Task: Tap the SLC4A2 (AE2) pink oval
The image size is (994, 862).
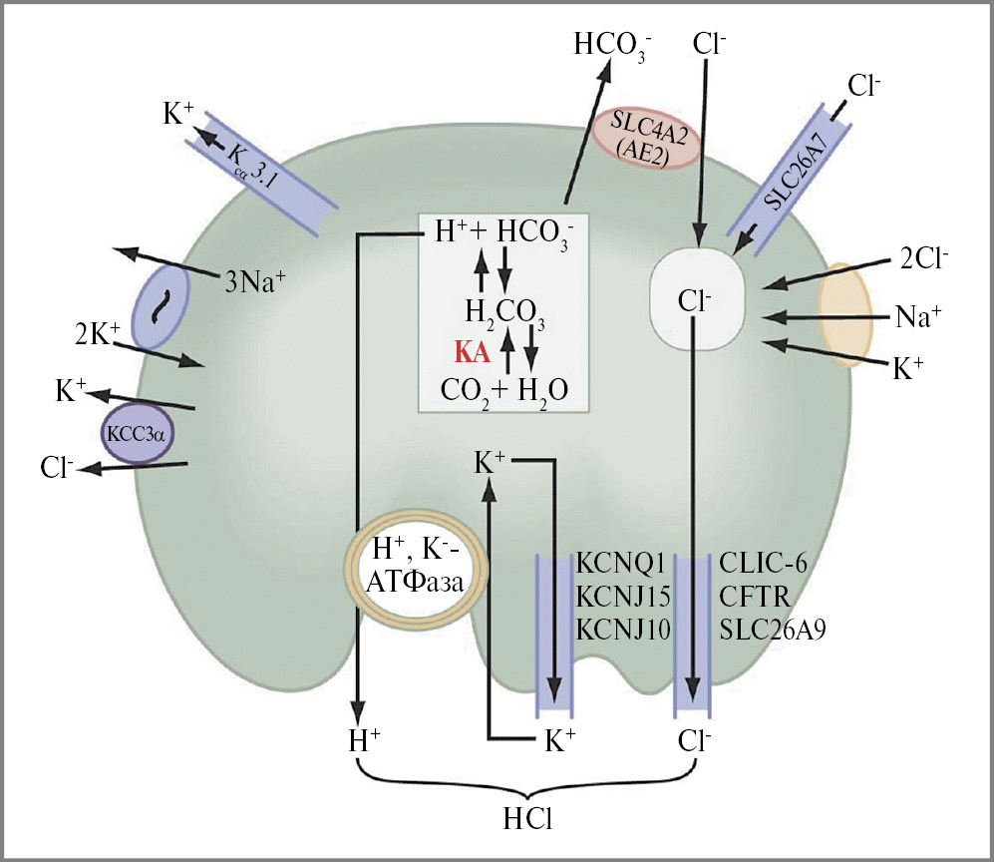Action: (x=648, y=139)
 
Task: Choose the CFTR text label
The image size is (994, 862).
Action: (x=755, y=597)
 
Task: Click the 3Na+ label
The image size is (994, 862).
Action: (x=254, y=281)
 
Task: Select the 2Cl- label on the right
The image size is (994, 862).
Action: (x=921, y=257)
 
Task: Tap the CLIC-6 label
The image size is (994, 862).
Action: (x=763, y=563)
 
